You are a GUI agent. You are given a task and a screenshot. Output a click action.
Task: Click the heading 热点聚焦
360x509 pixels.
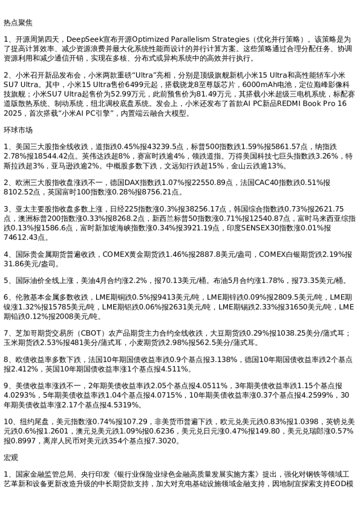point(18,22)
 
